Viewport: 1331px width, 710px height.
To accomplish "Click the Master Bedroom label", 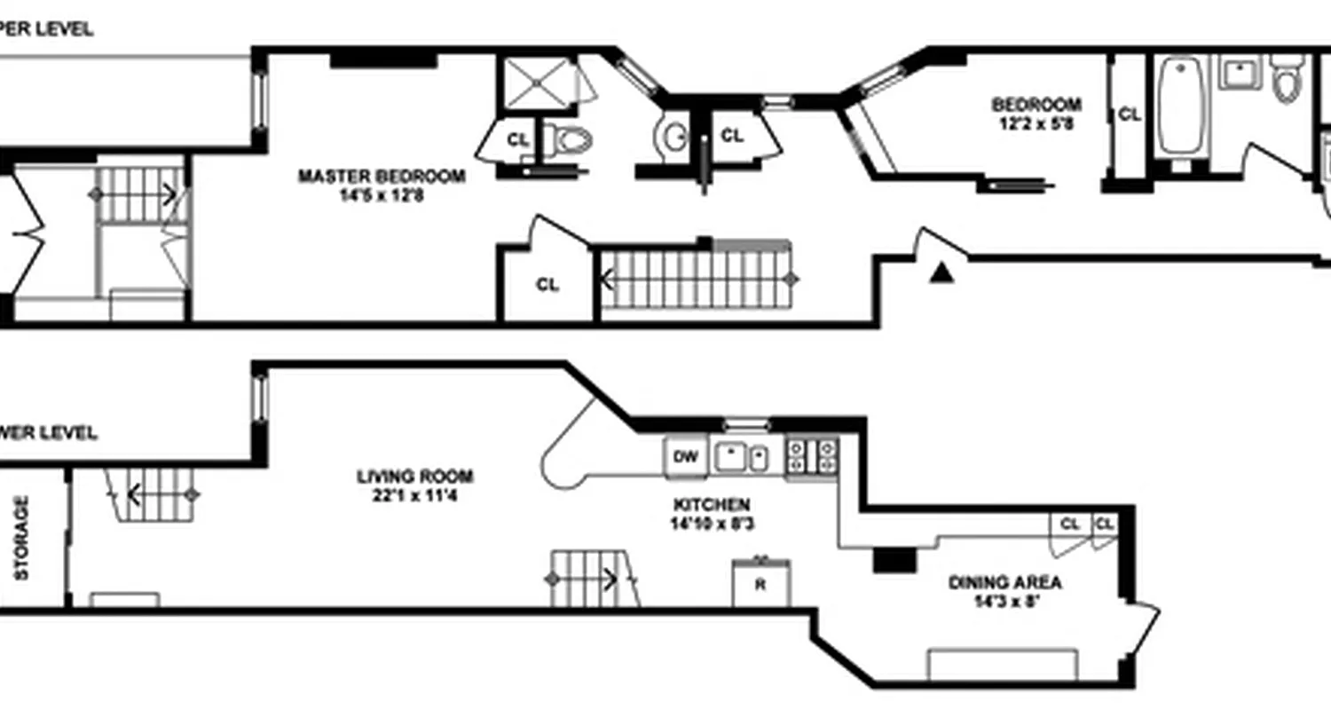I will [x=381, y=177].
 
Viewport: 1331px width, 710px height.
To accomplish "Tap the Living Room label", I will [x=414, y=477].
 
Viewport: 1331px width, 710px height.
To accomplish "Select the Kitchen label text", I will [x=711, y=505].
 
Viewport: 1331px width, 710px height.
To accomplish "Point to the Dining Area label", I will [x=1005, y=583].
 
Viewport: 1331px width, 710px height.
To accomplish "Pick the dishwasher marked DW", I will [x=685, y=457].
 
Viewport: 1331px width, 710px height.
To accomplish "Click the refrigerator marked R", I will [x=760, y=585].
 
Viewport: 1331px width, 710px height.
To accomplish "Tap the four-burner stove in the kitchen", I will [x=812, y=456].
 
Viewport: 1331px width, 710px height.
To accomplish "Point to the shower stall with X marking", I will [x=537, y=83].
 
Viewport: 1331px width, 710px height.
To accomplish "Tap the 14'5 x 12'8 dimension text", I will [x=381, y=196].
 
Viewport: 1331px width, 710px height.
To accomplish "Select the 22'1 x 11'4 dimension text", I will [x=414, y=495].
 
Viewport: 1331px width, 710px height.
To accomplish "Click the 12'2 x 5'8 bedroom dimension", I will [x=1036, y=124].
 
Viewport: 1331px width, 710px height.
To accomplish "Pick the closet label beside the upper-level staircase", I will [x=547, y=285].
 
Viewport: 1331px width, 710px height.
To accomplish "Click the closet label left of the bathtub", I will [x=1129, y=114].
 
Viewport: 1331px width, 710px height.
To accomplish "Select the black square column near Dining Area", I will [x=894, y=560].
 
